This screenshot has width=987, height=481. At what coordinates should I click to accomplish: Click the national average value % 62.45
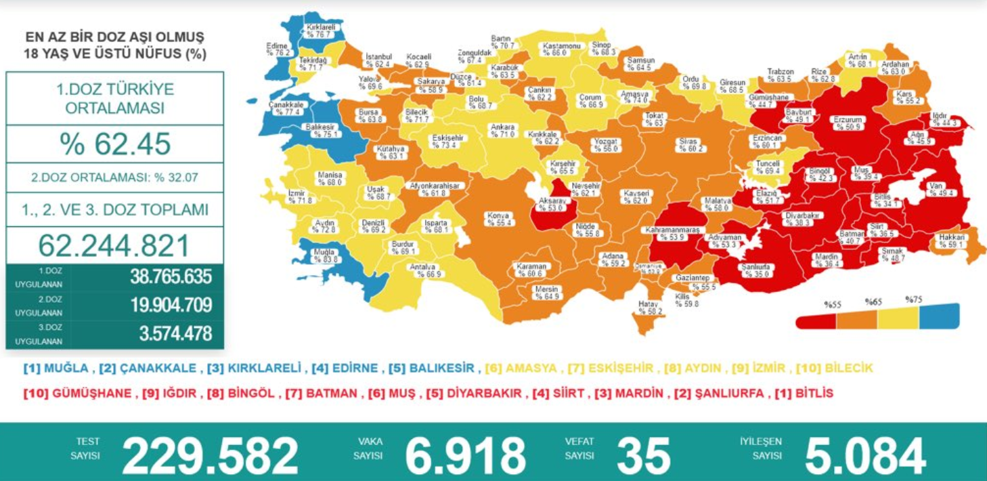(114, 144)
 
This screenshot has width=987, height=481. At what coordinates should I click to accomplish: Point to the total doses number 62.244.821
(114, 245)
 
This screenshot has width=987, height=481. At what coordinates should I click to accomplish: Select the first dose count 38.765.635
(171, 276)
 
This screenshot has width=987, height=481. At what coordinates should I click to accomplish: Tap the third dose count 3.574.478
(171, 333)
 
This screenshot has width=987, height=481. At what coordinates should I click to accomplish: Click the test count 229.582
(210, 455)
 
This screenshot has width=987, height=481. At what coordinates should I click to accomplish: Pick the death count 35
(643, 455)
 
